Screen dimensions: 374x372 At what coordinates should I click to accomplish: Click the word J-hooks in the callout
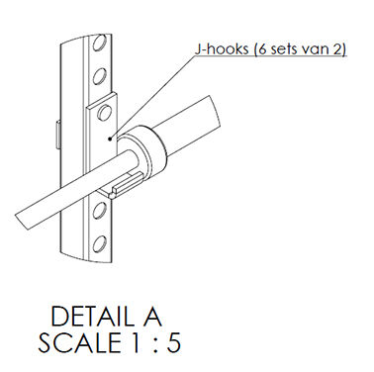(221, 49)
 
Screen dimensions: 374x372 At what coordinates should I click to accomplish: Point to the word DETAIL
(91, 317)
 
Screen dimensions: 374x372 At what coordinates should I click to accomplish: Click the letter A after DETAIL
(150, 317)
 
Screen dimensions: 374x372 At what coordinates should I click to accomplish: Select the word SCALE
(80, 342)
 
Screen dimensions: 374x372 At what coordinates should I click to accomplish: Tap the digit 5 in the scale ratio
(173, 343)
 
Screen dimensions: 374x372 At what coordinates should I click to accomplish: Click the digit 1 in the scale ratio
(135, 342)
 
